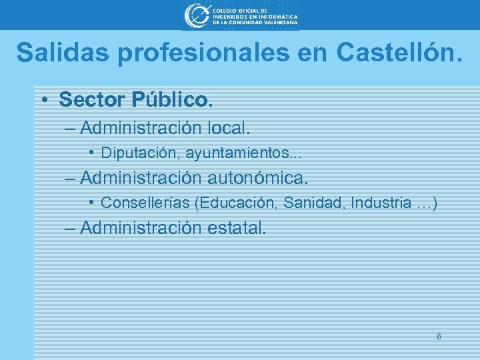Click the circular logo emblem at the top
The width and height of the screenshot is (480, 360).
196,15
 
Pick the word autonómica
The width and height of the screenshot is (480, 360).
259,178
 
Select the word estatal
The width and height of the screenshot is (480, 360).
237,228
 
